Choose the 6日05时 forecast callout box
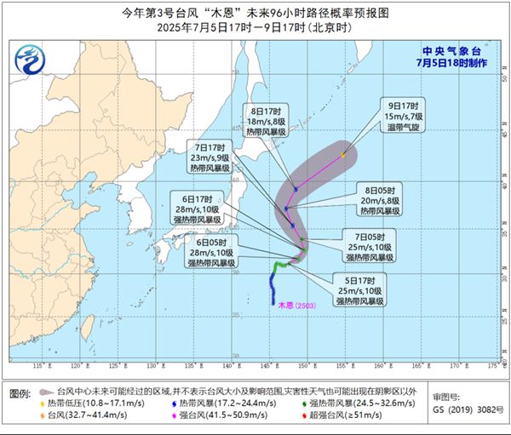coord(209,252)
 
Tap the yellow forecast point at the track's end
coord(343,155)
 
